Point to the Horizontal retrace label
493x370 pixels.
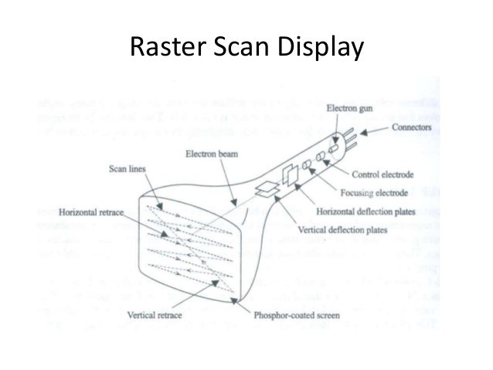click(x=96, y=210)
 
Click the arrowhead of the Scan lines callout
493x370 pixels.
click(x=161, y=206)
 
